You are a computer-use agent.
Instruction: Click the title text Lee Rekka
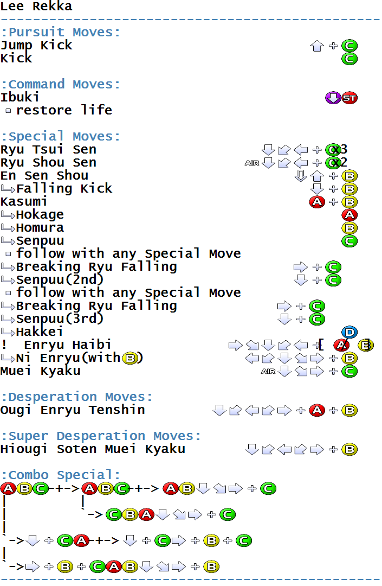(x=36, y=6)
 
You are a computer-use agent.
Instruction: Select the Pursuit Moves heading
(x=61, y=32)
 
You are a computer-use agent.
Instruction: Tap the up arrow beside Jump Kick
(x=317, y=46)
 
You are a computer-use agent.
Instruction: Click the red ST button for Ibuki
(x=349, y=98)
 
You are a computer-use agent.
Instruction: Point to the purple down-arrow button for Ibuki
(x=333, y=98)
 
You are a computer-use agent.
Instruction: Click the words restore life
(x=64, y=110)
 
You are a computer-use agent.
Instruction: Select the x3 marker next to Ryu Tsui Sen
(x=340, y=150)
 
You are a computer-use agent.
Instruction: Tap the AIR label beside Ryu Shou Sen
(x=252, y=163)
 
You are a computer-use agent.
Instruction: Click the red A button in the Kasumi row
(x=317, y=202)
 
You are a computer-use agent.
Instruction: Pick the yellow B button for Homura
(x=349, y=228)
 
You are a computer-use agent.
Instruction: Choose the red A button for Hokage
(x=349, y=215)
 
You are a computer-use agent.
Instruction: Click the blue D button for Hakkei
(x=349, y=332)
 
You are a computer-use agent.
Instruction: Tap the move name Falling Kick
(x=64, y=188)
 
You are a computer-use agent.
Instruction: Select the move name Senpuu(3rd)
(x=60, y=319)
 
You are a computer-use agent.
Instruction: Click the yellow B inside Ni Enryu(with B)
(x=130, y=359)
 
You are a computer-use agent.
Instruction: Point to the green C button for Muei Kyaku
(x=349, y=372)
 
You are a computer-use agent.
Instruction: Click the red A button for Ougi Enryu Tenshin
(x=317, y=410)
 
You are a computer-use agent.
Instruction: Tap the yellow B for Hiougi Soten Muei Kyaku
(x=349, y=450)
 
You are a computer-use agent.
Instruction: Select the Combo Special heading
(x=61, y=475)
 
